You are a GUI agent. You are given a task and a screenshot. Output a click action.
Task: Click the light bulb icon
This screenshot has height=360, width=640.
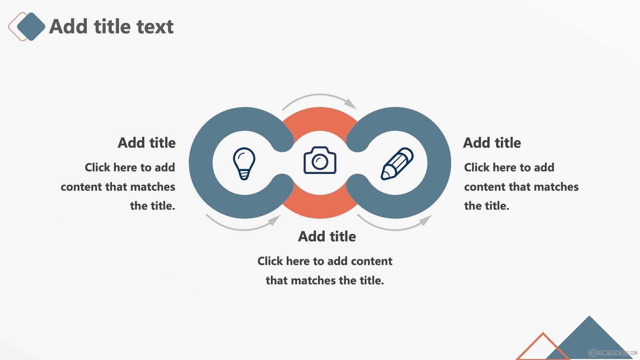click(x=244, y=164)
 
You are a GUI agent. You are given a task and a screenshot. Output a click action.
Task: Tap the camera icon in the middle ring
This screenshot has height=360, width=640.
click(x=320, y=160)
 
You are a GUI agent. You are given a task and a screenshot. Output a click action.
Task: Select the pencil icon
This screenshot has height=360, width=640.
click(x=397, y=164)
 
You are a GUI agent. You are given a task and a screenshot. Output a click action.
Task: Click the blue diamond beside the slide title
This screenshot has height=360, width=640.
click(x=31, y=26)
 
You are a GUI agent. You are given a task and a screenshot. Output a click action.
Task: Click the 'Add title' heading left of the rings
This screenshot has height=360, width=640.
click(x=146, y=142)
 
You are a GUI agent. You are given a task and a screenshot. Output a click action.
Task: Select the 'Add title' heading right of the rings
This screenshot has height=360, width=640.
click(x=492, y=142)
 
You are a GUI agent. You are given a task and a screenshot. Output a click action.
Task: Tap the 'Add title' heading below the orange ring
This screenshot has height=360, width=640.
click(x=327, y=236)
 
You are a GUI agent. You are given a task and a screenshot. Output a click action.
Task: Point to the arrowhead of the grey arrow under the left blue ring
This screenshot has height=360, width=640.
click(x=274, y=220)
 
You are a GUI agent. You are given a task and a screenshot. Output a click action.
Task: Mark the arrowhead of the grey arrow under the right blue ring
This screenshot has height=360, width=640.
click(x=426, y=220)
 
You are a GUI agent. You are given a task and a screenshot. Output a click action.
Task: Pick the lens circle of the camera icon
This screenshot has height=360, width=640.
click(x=320, y=162)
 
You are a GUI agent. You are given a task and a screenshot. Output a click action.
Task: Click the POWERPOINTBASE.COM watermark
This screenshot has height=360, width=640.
click(x=612, y=353)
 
